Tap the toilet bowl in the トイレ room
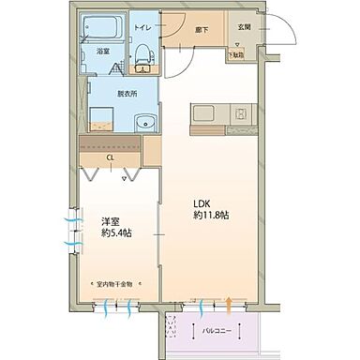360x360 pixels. (x=143, y=60)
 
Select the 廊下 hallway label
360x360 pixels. (x=200, y=29)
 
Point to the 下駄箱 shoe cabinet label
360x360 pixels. (x=238, y=55)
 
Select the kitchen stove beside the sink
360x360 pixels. (x=239, y=115)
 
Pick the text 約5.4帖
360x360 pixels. (x=116, y=232)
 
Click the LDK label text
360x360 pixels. (x=203, y=203)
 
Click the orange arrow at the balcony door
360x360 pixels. (x=230, y=302)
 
